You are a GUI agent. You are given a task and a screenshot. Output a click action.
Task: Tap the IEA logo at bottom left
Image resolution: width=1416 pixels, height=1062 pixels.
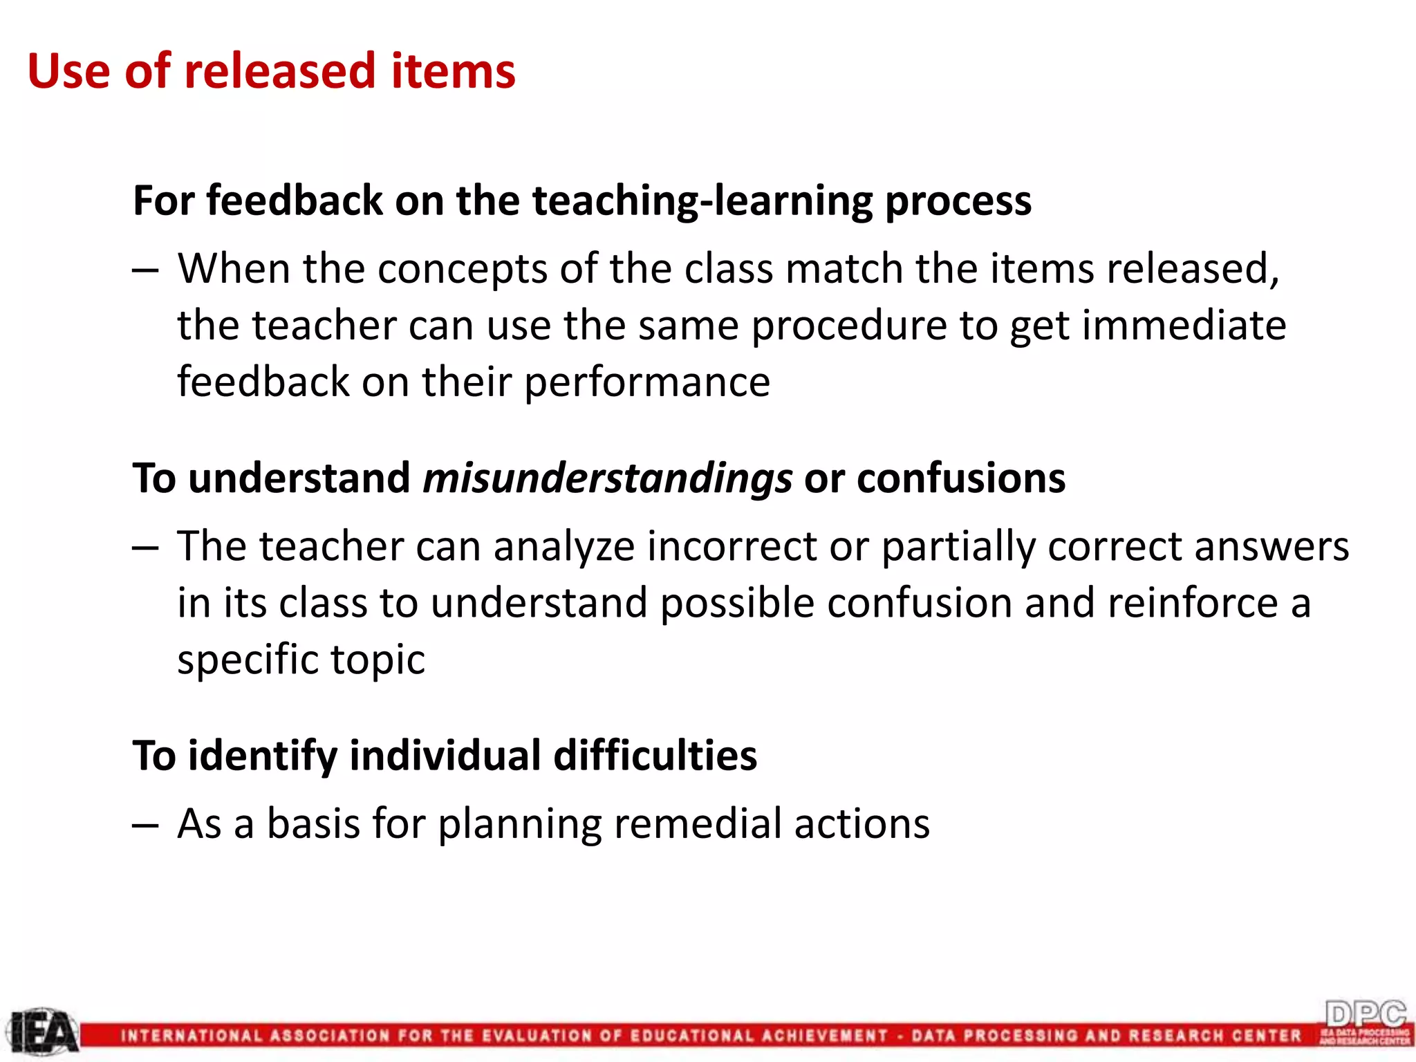[x=43, y=1032]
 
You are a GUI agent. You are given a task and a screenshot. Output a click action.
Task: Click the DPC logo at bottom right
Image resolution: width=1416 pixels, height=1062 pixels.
[x=1366, y=1022]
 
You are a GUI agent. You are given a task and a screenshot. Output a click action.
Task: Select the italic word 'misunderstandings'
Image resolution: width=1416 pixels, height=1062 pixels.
[x=607, y=478]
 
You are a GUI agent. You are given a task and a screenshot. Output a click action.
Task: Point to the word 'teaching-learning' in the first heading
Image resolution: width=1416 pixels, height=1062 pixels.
[x=702, y=201]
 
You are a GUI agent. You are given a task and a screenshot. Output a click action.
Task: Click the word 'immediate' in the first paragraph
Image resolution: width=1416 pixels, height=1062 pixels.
[x=1184, y=326]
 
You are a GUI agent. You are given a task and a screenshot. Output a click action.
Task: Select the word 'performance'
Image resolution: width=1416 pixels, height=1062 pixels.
[x=647, y=382]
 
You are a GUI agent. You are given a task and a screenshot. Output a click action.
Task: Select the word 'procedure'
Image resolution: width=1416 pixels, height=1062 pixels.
[x=850, y=327]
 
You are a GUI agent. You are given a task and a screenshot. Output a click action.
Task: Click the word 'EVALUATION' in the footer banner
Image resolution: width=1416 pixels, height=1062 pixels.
[x=536, y=1036]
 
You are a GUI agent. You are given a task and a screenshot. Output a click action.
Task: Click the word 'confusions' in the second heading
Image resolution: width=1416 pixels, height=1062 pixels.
[x=961, y=478]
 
